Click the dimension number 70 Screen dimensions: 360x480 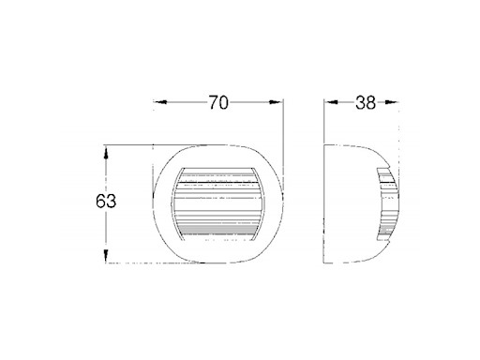click(x=217, y=103)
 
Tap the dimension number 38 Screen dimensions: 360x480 click(x=367, y=103)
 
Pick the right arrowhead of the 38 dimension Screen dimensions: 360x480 click(x=400, y=104)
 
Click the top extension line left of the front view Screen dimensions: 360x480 click(x=127, y=143)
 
